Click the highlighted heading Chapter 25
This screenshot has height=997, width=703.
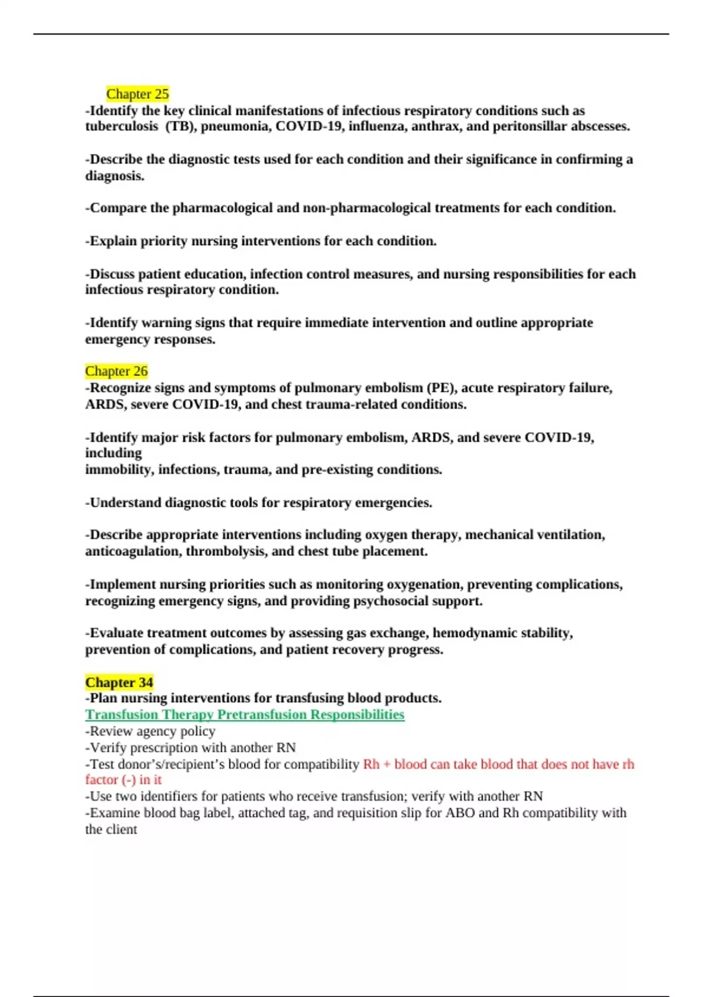pyautogui.click(x=137, y=94)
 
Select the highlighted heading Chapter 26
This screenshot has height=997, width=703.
pyautogui.click(x=116, y=371)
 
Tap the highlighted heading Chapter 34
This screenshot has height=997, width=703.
pyautogui.click(x=119, y=682)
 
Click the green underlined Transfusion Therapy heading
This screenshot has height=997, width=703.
pyautogui.click(x=244, y=714)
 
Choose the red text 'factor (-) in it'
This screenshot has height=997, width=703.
pyautogui.click(x=123, y=779)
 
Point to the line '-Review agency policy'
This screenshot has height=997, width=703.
pyautogui.click(x=151, y=731)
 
